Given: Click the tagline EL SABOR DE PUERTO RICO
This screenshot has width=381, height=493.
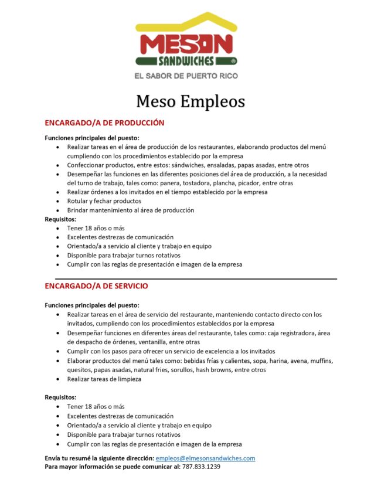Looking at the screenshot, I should pyautogui.click(x=186, y=76).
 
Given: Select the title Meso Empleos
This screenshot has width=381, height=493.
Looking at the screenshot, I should pyautogui.click(x=190, y=101).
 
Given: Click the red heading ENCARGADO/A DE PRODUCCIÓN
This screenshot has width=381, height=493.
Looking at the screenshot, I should pyautogui.click(x=104, y=123).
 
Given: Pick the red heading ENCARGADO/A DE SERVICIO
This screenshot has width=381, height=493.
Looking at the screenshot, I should pyautogui.click(x=96, y=286).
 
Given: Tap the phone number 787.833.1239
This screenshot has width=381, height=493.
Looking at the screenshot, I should pyautogui.click(x=201, y=467).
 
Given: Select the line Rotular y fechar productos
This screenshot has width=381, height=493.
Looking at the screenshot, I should pyautogui.click(x=104, y=201).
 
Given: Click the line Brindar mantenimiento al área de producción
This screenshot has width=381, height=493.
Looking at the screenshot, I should pyautogui.click(x=130, y=210).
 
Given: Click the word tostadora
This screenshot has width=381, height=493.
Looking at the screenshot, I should pyautogui.click(x=187, y=183).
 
